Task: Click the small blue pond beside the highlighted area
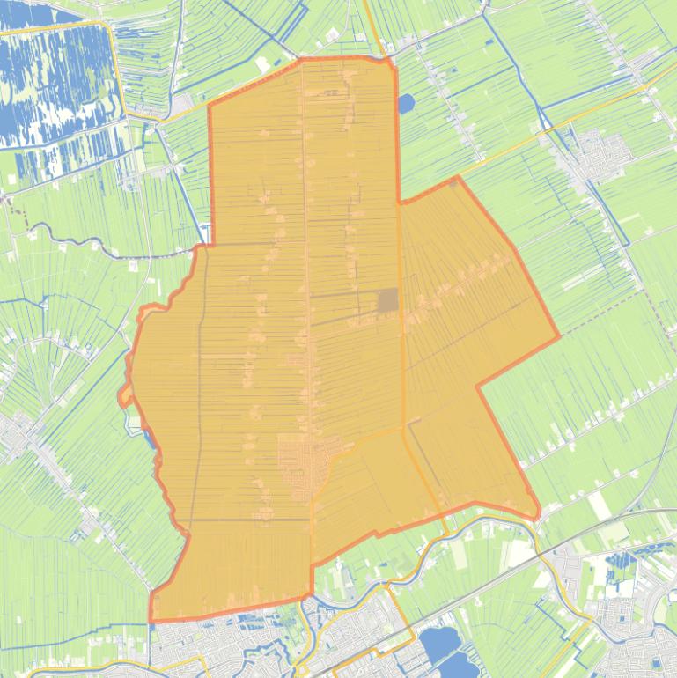point(405,105)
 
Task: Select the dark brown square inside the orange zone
point(388,301)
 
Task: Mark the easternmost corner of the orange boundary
point(559,336)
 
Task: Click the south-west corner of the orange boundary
point(151,621)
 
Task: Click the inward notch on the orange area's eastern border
point(478,386)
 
